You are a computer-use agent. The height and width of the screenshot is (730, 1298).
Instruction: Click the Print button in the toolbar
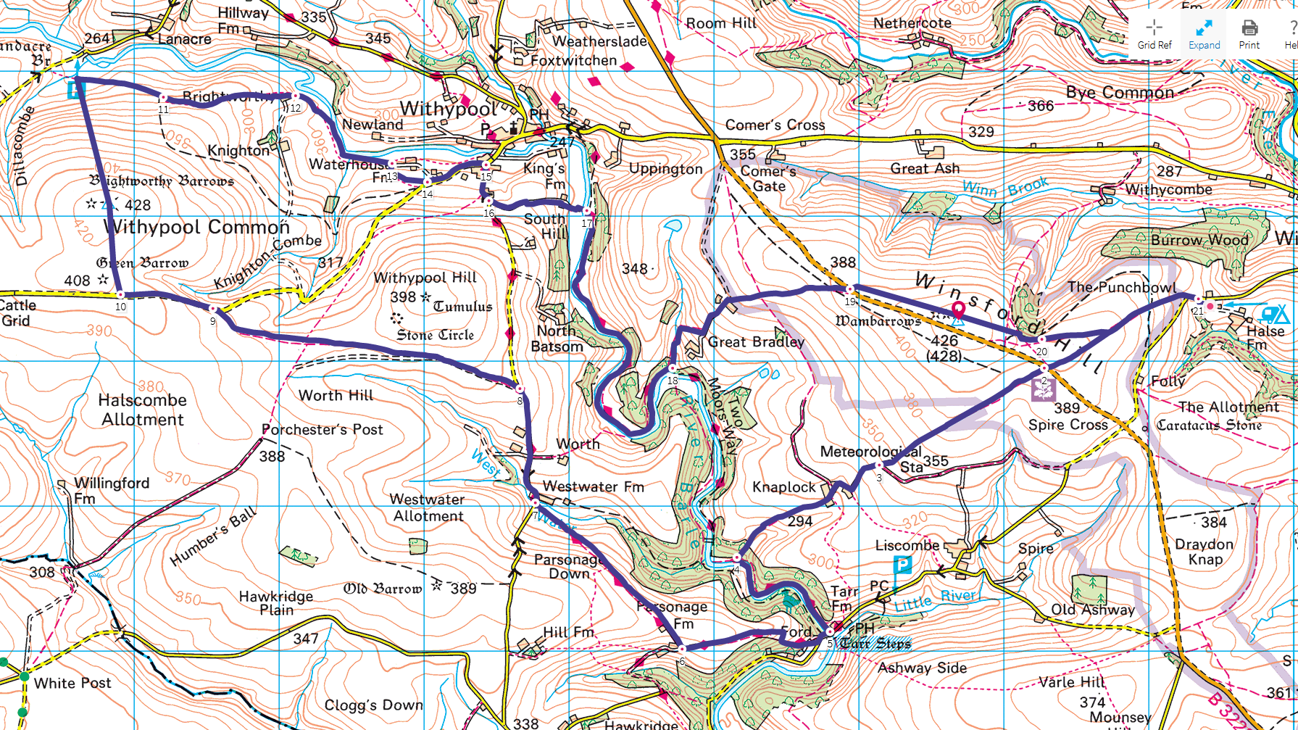(1249, 33)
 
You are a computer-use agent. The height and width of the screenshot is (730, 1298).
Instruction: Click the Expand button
(1204, 33)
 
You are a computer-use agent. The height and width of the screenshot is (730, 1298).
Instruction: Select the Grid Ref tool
(1155, 33)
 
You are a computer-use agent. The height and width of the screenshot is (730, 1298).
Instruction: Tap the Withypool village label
(448, 109)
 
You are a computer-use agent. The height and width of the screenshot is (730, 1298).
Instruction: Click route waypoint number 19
(850, 290)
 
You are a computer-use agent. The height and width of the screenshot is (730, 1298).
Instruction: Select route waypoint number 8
(520, 389)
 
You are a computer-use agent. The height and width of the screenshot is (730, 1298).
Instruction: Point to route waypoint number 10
(120, 295)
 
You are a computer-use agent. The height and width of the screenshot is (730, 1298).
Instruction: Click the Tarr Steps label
(875, 643)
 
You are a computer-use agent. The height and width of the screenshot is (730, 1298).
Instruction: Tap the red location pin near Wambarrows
(958, 310)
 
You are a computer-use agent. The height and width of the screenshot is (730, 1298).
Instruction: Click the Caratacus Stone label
(1209, 425)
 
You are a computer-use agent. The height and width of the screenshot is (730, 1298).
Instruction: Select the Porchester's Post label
(323, 429)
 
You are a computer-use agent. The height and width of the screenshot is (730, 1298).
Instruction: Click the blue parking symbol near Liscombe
(902, 564)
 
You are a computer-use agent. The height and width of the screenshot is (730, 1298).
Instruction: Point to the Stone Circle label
(436, 335)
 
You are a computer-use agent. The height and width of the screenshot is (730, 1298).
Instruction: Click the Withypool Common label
(196, 227)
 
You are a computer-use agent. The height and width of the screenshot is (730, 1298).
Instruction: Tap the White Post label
(72, 683)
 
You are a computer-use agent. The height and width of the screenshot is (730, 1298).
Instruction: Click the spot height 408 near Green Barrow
(77, 281)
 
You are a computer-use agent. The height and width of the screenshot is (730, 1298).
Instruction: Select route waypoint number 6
(681, 650)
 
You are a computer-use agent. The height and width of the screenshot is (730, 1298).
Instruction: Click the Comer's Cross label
(775, 125)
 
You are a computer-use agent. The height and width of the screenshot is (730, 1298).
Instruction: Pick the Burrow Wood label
(1199, 239)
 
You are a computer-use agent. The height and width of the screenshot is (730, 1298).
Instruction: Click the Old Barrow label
(383, 588)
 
